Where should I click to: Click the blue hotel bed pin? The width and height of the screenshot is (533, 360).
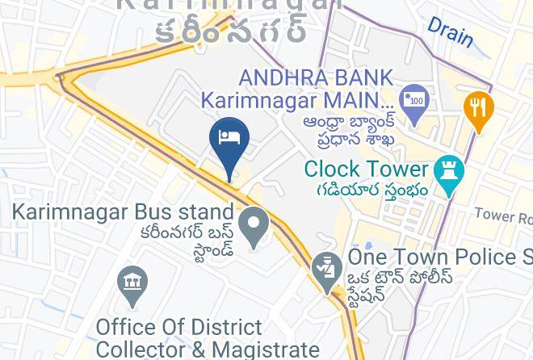[x=229, y=140]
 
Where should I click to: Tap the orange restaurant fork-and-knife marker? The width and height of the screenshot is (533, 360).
[x=478, y=109]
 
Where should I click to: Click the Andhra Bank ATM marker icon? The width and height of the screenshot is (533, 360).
[x=414, y=101]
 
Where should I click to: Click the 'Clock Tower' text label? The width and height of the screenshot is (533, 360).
[x=366, y=170]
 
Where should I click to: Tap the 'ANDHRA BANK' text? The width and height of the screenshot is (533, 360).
[x=316, y=77]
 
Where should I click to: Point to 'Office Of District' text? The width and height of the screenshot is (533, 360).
[x=178, y=328]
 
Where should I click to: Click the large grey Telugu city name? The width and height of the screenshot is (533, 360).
[x=232, y=31]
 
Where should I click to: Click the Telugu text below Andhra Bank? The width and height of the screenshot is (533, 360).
[x=350, y=129]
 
